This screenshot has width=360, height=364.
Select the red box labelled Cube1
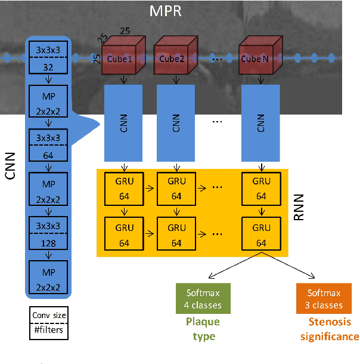tap(121, 58)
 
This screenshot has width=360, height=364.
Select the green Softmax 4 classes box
tap(203, 299)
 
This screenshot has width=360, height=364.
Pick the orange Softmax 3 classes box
tap(324, 299)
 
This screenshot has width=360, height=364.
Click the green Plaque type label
tap(203, 329)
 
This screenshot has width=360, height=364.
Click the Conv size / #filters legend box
tap(48, 322)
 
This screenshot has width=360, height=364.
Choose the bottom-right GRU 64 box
tap(262, 234)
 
